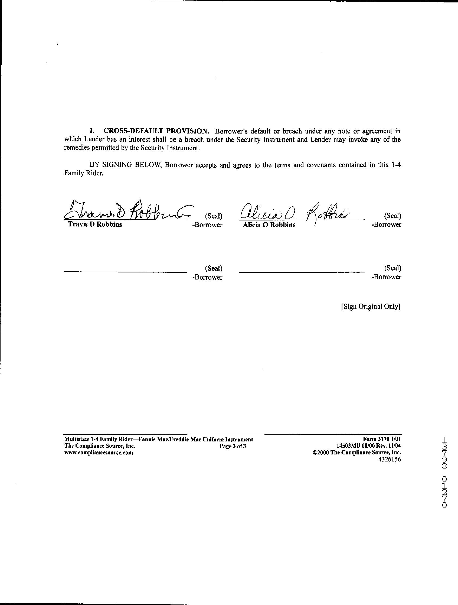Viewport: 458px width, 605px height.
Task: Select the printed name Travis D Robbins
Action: [x=95, y=225]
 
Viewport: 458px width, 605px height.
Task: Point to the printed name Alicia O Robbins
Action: [x=269, y=225]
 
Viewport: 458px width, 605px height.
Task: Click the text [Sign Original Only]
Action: [x=371, y=306]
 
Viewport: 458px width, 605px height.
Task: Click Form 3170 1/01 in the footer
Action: [x=382, y=439]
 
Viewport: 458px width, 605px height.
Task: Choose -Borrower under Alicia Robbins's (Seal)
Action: [x=386, y=225]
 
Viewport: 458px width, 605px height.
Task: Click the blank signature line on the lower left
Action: [x=125, y=272]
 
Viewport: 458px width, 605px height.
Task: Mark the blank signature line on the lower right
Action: [x=302, y=272]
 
